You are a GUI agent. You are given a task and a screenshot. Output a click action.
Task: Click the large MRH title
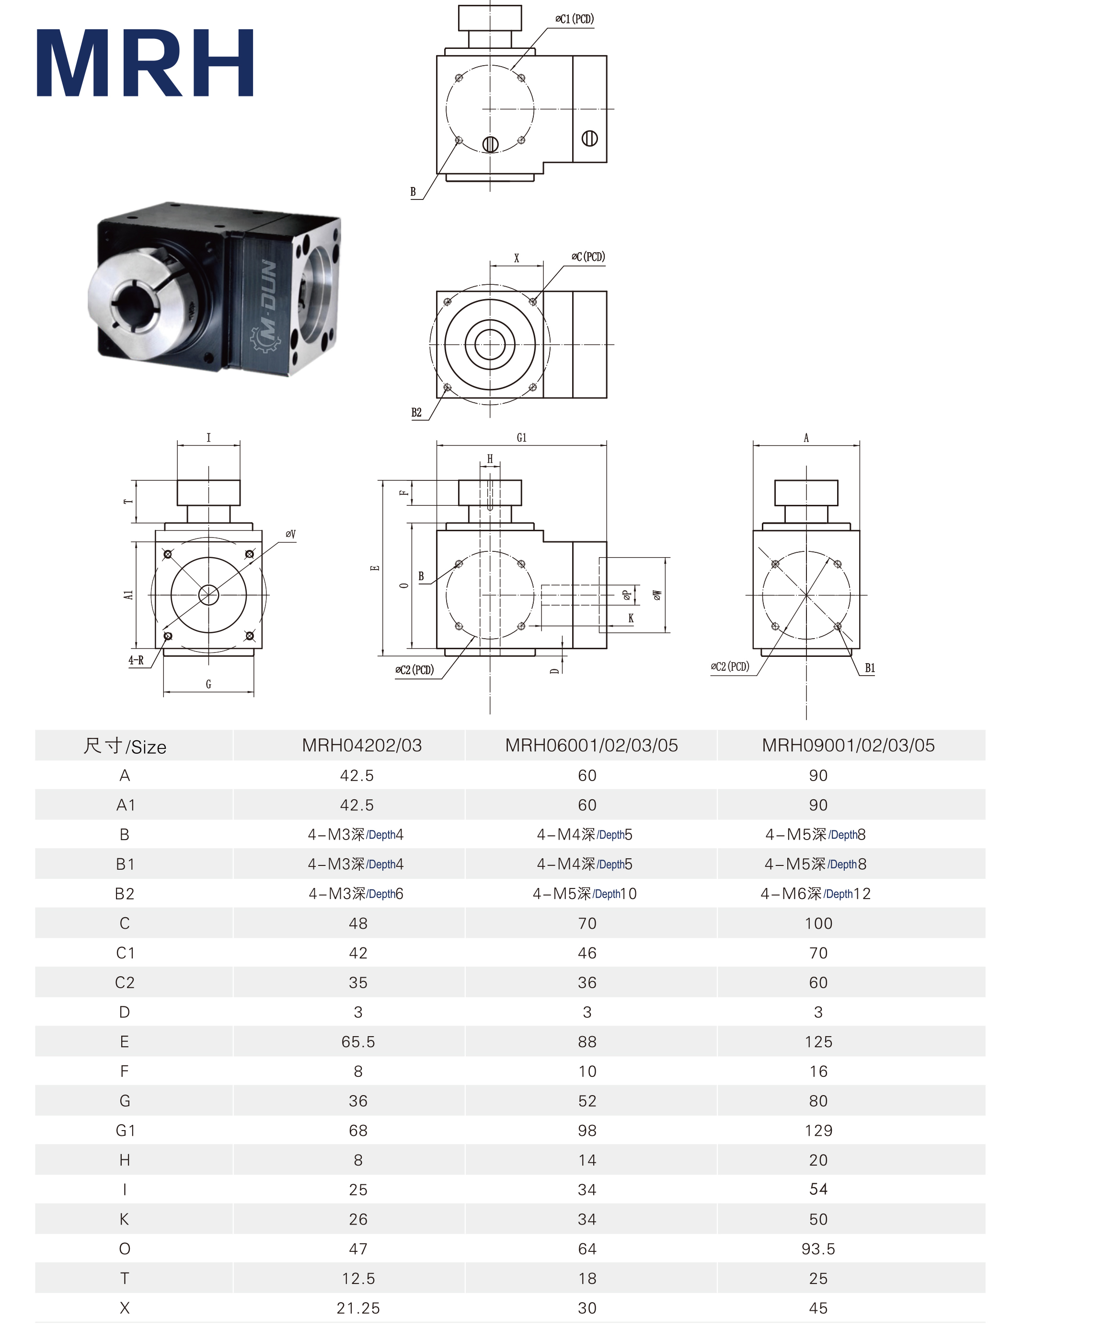145,63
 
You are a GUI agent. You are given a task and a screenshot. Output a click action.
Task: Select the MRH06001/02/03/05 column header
591,746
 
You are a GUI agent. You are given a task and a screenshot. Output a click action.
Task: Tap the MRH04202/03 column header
362,746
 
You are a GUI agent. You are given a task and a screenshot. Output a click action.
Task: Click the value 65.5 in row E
358,1042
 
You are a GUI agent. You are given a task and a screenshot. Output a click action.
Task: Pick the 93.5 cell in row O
818,1249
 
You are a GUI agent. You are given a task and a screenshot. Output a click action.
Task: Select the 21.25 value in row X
358,1308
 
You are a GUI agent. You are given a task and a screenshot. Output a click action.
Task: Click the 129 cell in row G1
818,1131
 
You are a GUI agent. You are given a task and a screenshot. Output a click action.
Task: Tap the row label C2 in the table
125,982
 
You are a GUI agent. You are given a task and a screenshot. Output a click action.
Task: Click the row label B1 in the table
125,864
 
